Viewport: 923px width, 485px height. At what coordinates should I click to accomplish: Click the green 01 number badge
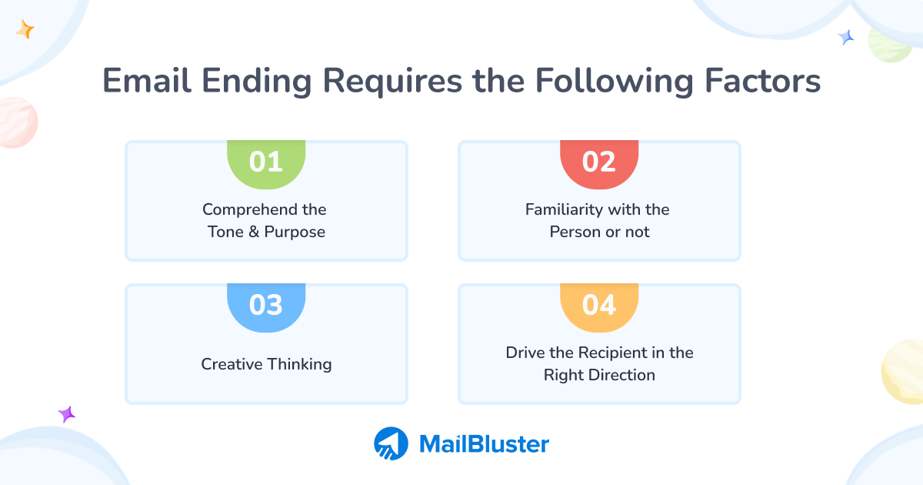pos(266,163)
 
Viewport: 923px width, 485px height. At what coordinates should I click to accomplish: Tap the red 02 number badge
pos(599,163)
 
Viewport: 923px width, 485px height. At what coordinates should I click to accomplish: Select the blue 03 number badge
pos(266,306)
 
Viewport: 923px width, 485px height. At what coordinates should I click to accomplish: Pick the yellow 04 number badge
pos(599,306)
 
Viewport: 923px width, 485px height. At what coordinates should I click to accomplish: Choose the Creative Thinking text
pos(266,364)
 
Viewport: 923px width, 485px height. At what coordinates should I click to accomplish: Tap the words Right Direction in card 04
pos(599,375)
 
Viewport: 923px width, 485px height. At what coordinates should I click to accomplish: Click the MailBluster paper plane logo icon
pos(392,443)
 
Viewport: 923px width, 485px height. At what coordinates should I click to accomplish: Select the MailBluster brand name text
pos(484,444)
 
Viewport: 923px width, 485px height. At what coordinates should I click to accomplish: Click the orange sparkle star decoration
pos(25,30)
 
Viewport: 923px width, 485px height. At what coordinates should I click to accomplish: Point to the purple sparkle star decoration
pos(67,414)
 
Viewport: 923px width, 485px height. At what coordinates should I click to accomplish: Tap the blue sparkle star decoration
pos(846,37)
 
